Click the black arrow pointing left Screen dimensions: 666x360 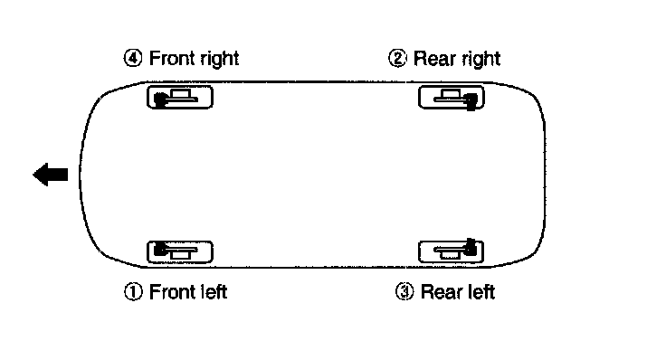50,175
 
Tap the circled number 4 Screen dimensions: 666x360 133,58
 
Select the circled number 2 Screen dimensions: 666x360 397,58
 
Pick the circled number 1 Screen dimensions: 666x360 133,292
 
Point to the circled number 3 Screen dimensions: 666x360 404,292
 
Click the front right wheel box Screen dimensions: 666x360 180,97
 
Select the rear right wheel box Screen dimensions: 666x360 451,97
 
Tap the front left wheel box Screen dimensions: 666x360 180,251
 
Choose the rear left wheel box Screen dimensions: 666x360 451,251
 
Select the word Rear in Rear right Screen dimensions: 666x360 432,59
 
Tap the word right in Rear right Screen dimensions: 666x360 478,60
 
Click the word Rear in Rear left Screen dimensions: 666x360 439,292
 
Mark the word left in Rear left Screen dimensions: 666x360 479,292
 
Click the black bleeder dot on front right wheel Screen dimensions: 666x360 159,99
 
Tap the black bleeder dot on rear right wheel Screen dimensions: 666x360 471,101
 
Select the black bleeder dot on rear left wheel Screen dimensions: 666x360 470,246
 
